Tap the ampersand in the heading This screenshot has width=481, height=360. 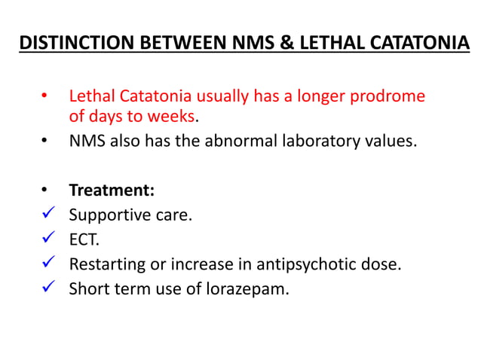pos(285,43)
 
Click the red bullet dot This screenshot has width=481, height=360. pos(44,97)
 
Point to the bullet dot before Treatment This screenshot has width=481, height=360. pos(44,191)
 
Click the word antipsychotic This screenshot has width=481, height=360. pos(304,264)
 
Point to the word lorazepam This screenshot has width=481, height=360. pos(248,288)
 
